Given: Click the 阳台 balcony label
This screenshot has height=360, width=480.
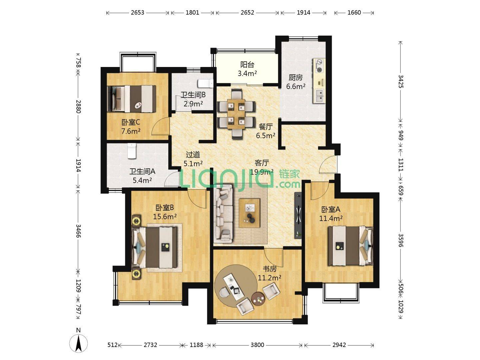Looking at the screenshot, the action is [x=247, y=65].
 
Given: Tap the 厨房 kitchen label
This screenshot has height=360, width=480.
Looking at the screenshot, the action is [x=296, y=78].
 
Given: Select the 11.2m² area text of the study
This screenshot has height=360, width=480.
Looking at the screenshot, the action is [x=269, y=278].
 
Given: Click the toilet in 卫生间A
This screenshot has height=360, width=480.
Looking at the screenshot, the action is [x=131, y=151].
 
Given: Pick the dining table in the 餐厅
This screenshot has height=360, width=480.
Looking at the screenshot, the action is [x=236, y=114].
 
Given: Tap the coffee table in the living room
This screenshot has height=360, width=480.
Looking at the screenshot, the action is [x=250, y=213].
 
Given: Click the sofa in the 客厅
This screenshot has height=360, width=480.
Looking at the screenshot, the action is [x=223, y=214].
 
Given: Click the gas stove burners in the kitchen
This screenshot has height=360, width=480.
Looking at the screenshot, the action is [x=319, y=66].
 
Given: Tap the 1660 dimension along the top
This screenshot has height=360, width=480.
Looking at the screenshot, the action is [x=354, y=13].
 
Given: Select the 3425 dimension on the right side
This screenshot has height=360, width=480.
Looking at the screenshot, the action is [x=401, y=81].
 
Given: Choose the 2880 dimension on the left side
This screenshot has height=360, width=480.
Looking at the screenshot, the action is [x=79, y=106].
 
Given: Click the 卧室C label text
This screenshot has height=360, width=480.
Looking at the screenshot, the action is [x=131, y=122].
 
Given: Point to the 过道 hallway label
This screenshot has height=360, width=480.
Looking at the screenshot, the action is [x=193, y=155].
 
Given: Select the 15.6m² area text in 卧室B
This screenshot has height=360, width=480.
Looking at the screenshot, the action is [x=165, y=217].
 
